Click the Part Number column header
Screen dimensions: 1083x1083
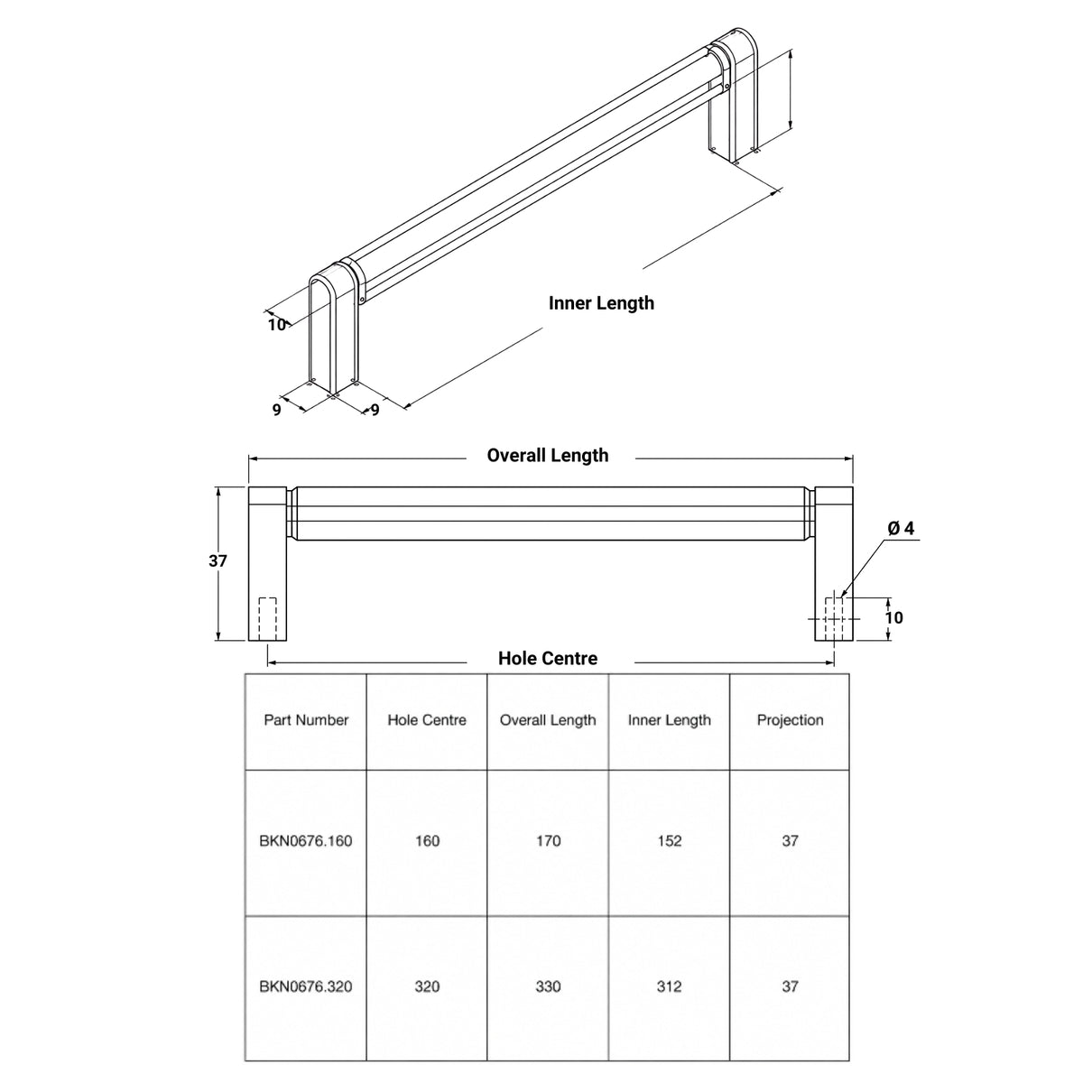tap(306, 720)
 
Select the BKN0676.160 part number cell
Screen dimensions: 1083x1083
tap(306, 841)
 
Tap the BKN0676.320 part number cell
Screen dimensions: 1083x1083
tap(306, 986)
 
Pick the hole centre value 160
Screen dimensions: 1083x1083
tap(427, 841)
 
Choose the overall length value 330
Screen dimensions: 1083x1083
tap(548, 986)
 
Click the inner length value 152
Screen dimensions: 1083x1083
tap(670, 841)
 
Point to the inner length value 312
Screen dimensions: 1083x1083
tap(670, 986)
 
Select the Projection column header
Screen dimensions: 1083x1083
tap(791, 720)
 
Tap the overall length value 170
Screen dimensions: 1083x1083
tap(548, 841)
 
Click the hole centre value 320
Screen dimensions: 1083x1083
tap(427, 986)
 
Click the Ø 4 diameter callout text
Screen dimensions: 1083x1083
tap(901, 528)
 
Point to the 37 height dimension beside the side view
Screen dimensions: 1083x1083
tap(218, 560)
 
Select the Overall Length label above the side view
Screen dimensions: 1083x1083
tap(548, 455)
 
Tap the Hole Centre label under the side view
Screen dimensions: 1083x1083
tap(548, 658)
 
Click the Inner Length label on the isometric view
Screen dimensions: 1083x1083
tap(601, 303)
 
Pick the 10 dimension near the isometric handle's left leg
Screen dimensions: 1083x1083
tap(276, 325)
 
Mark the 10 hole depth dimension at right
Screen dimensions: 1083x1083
tap(894, 617)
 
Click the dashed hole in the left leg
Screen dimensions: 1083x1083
tap(267, 619)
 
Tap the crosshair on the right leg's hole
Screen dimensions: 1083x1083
tap(834, 619)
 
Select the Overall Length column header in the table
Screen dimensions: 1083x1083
tap(548, 720)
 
